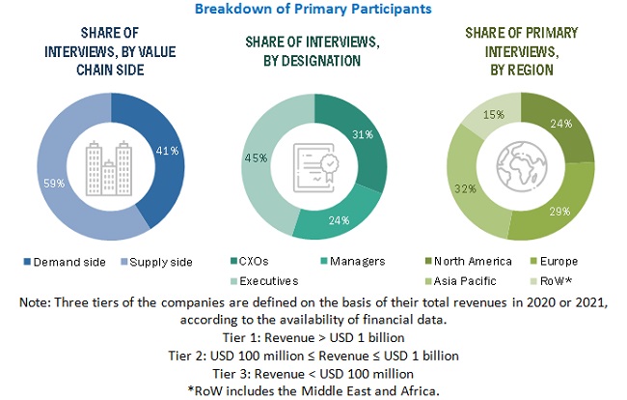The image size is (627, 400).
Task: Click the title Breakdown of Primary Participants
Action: click(x=313, y=9)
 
